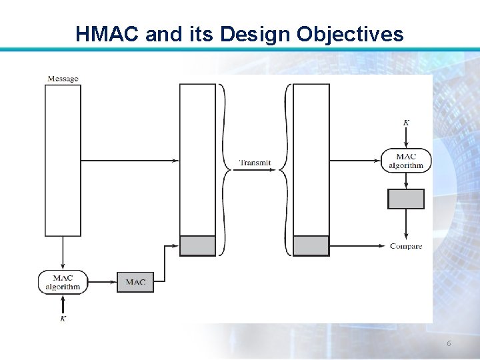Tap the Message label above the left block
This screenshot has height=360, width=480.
(x=63, y=79)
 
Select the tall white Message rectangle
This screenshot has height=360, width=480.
(x=63, y=160)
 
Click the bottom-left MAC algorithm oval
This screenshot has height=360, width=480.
(x=63, y=282)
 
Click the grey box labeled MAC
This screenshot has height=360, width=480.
(x=135, y=282)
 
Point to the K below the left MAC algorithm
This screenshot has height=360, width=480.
(x=63, y=319)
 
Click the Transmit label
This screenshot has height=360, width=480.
(x=255, y=163)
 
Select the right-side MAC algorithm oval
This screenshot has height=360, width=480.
(x=406, y=161)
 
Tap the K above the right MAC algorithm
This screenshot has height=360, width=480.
(x=406, y=123)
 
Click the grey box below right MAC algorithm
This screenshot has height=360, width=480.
(x=406, y=199)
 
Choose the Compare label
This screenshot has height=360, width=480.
(x=406, y=246)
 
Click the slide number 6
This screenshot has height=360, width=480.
(x=449, y=343)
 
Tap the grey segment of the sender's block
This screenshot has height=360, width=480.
(x=198, y=245)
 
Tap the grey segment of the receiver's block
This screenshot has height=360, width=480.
(x=311, y=245)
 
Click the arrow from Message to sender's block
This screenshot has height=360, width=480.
(x=130, y=161)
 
